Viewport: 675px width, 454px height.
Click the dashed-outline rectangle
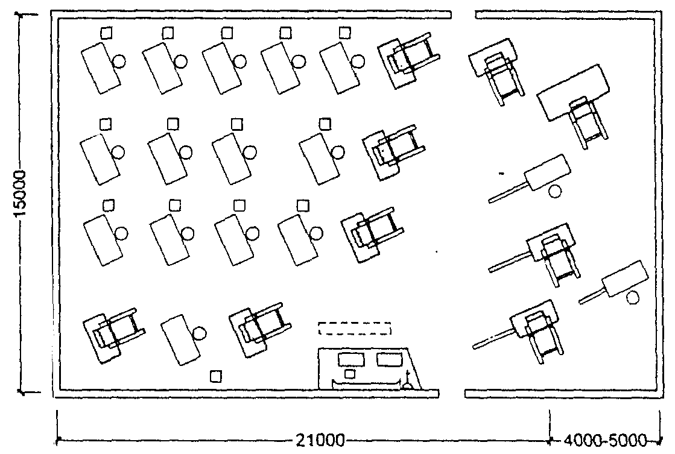pyautogui.click(x=355, y=328)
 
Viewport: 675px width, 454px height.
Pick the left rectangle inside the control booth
pyautogui.click(x=351, y=359)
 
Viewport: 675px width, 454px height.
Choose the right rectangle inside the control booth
pyautogui.click(x=390, y=359)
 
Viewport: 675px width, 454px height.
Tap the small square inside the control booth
pyautogui.click(x=350, y=374)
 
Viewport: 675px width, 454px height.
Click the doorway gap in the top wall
pyautogui.click(x=464, y=14)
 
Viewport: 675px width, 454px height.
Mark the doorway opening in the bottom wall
pyautogui.click(x=452, y=393)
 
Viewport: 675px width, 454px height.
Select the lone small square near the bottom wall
pyautogui.click(x=216, y=377)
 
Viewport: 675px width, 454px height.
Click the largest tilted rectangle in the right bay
pyautogui.click(x=574, y=92)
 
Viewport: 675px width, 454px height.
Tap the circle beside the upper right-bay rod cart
pyautogui.click(x=556, y=191)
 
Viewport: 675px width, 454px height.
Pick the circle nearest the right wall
pyautogui.click(x=632, y=298)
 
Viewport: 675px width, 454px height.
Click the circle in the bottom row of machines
pyautogui.click(x=199, y=333)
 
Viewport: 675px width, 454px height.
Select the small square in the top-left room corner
pyautogui.click(x=106, y=33)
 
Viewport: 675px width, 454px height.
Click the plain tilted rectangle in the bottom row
pyautogui.click(x=181, y=340)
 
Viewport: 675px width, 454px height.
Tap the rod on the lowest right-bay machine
pyautogui.click(x=492, y=338)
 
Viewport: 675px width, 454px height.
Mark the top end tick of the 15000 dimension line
pyautogui.click(x=27, y=14)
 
